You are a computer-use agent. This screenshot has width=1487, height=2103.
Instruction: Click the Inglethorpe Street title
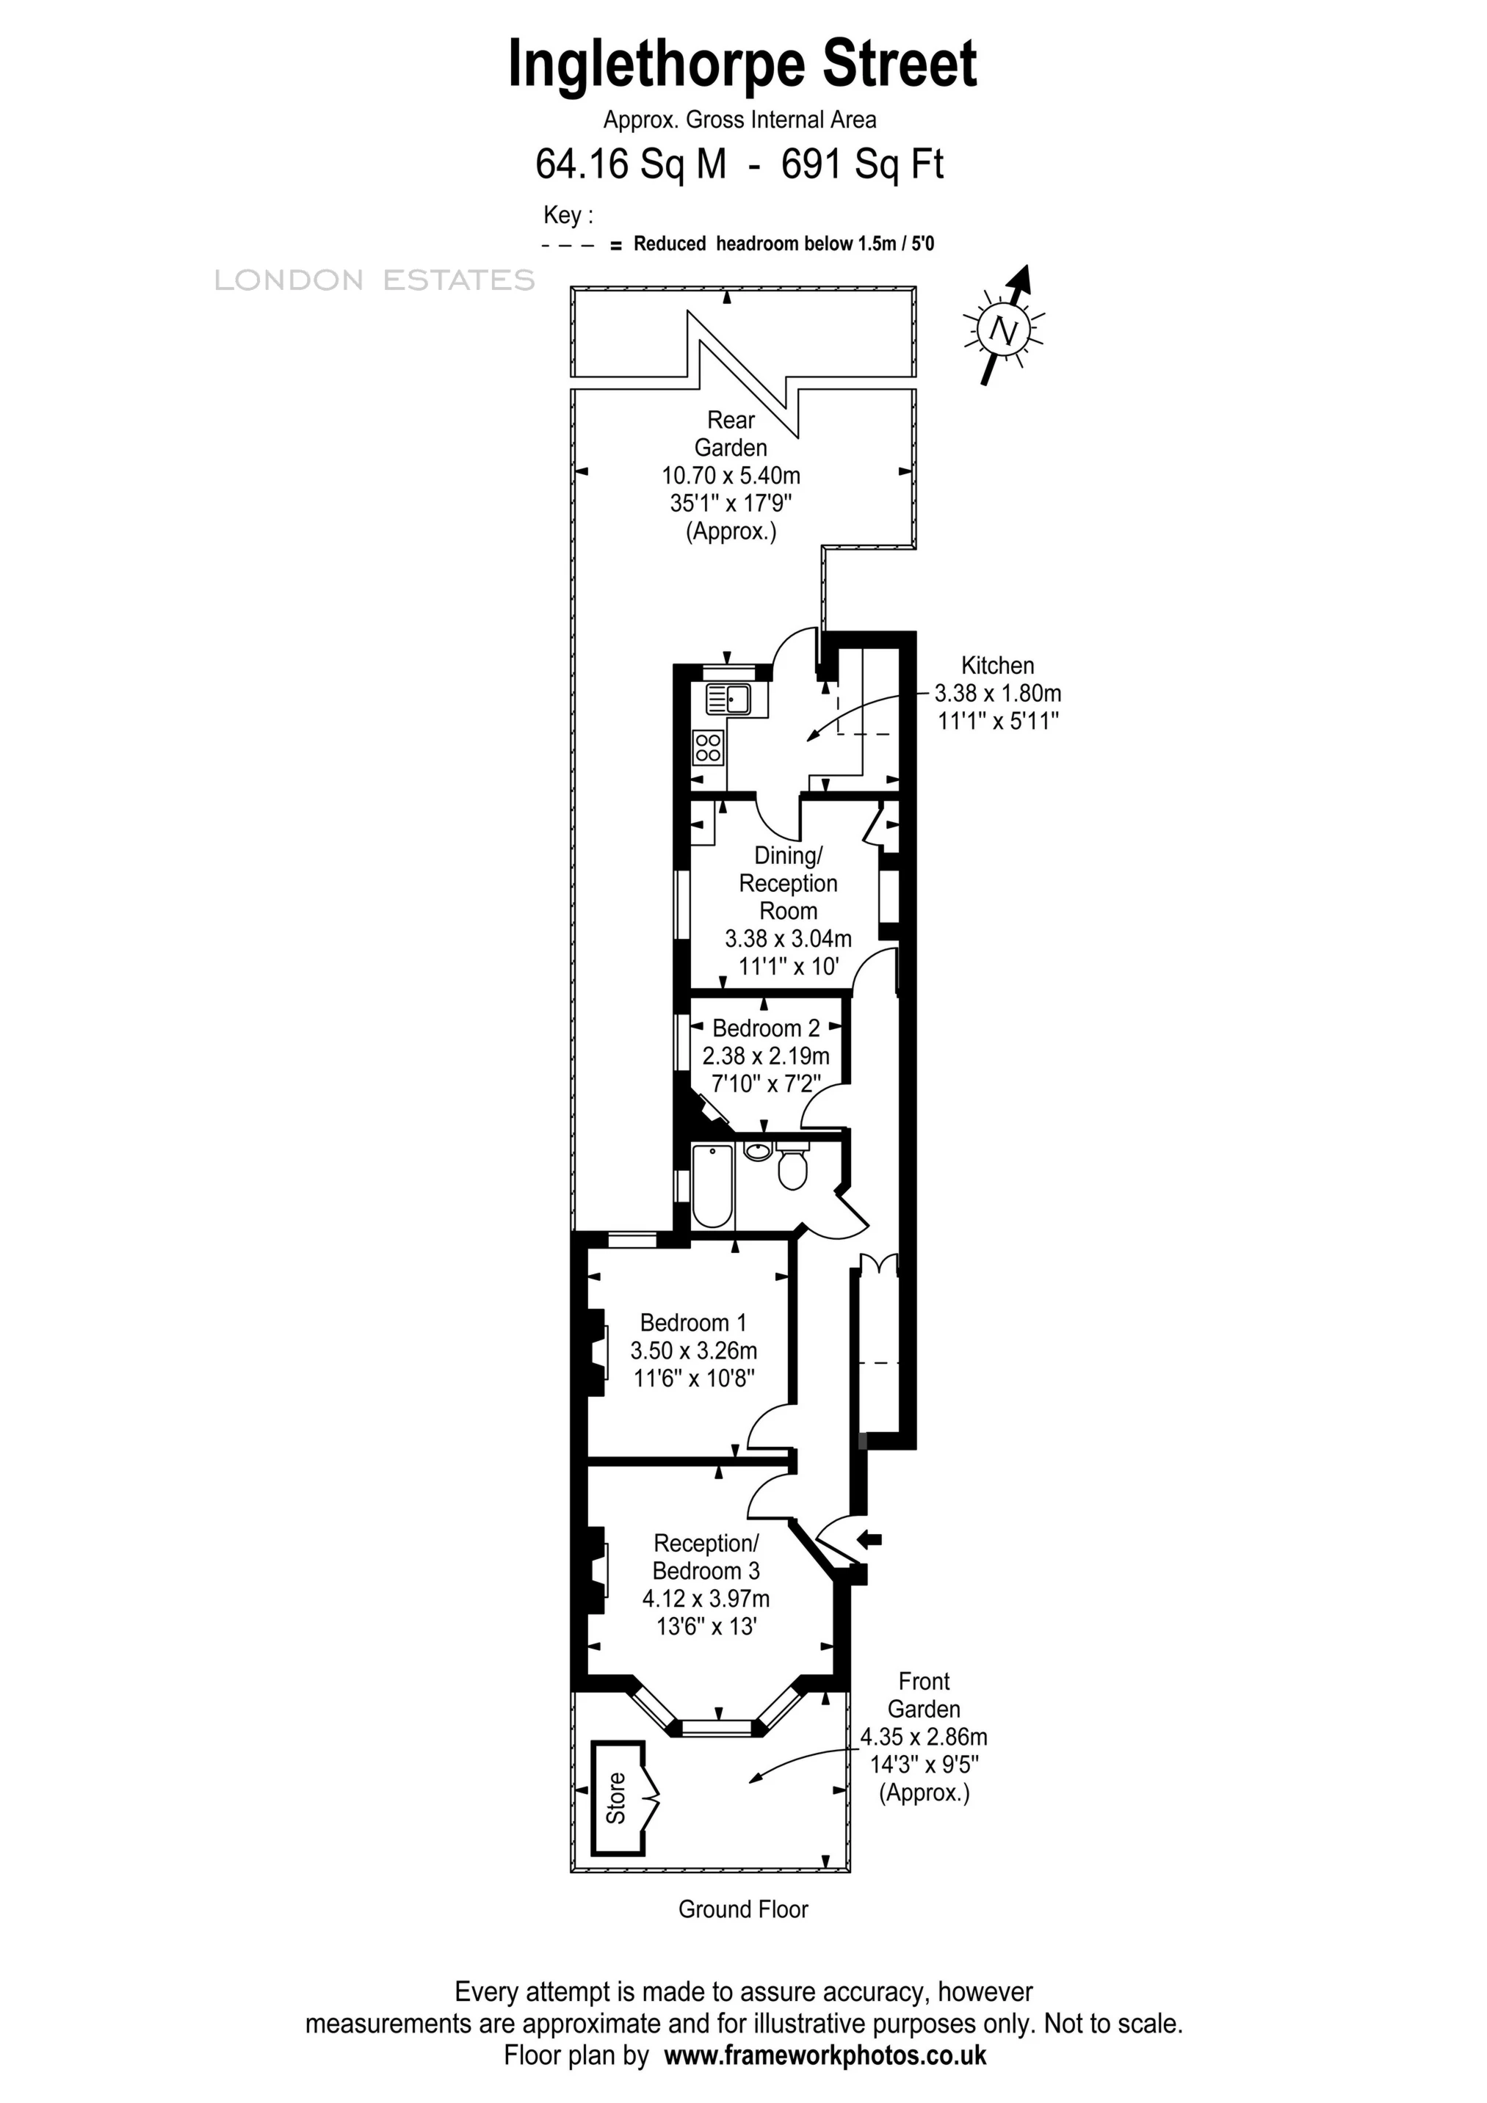pyautogui.click(x=742, y=64)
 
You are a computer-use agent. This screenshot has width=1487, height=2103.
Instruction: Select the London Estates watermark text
pyautogui.click(x=374, y=280)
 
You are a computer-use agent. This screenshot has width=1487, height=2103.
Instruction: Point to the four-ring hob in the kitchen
pyautogui.click(x=707, y=747)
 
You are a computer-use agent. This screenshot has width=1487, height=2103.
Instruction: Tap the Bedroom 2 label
pyautogui.click(x=766, y=1028)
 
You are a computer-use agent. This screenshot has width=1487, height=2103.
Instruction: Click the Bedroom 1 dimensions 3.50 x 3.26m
pyautogui.click(x=694, y=1350)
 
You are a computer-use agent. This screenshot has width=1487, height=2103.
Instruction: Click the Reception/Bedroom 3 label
pyautogui.click(x=706, y=1557)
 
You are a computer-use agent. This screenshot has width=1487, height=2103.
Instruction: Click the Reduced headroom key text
pyautogui.click(x=784, y=244)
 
